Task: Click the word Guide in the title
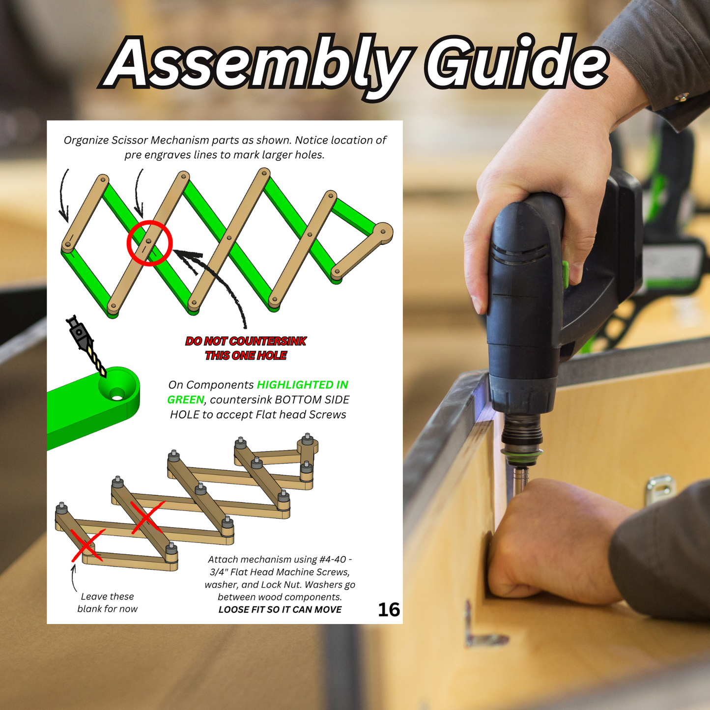point(516,62)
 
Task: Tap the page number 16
point(389,610)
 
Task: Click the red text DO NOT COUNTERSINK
point(246,341)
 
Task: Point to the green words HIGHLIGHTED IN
point(302,385)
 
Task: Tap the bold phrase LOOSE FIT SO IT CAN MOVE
point(280,610)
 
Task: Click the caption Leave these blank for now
point(107,603)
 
